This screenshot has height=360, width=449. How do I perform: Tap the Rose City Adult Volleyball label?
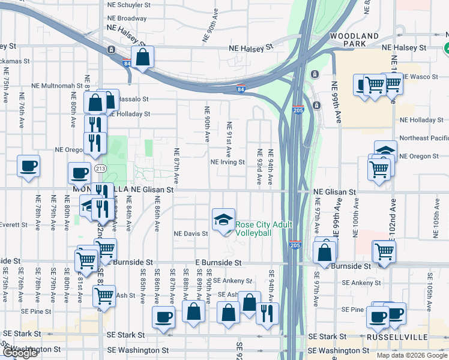[x=264, y=229]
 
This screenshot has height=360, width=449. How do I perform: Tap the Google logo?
[x=20, y=353]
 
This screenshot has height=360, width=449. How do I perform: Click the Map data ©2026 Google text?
[x=412, y=355]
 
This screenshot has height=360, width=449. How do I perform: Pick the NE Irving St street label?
[x=228, y=162]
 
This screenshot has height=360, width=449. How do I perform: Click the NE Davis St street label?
[x=190, y=233]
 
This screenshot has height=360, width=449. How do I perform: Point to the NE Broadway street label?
[x=126, y=18]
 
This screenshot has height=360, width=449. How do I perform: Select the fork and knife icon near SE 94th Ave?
[x=267, y=312]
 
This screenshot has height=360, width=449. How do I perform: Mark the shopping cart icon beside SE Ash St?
[x=104, y=296]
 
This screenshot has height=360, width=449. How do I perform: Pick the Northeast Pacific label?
[x=424, y=138]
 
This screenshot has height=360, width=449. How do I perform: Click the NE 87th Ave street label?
[x=177, y=166]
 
